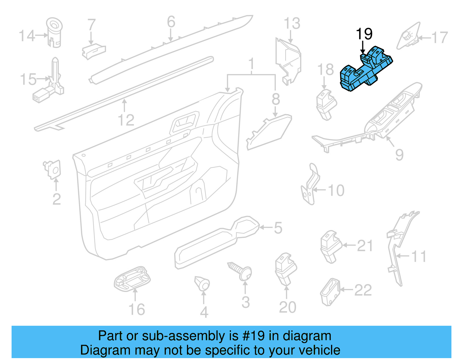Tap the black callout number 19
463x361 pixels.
pyautogui.click(x=364, y=34)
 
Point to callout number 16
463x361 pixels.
pyautogui.click(x=136, y=310)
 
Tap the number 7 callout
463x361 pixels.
pyautogui.click(x=91, y=25)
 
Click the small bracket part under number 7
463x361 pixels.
pyautogui.click(x=93, y=51)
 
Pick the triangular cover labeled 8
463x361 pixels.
pyautogui.click(x=269, y=132)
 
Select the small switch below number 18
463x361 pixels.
pyautogui.click(x=326, y=104)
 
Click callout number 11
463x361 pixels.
pyautogui.click(x=418, y=256)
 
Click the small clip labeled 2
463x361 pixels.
pyautogui.click(x=53, y=169)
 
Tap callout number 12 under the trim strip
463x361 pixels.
pyautogui.click(x=126, y=120)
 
